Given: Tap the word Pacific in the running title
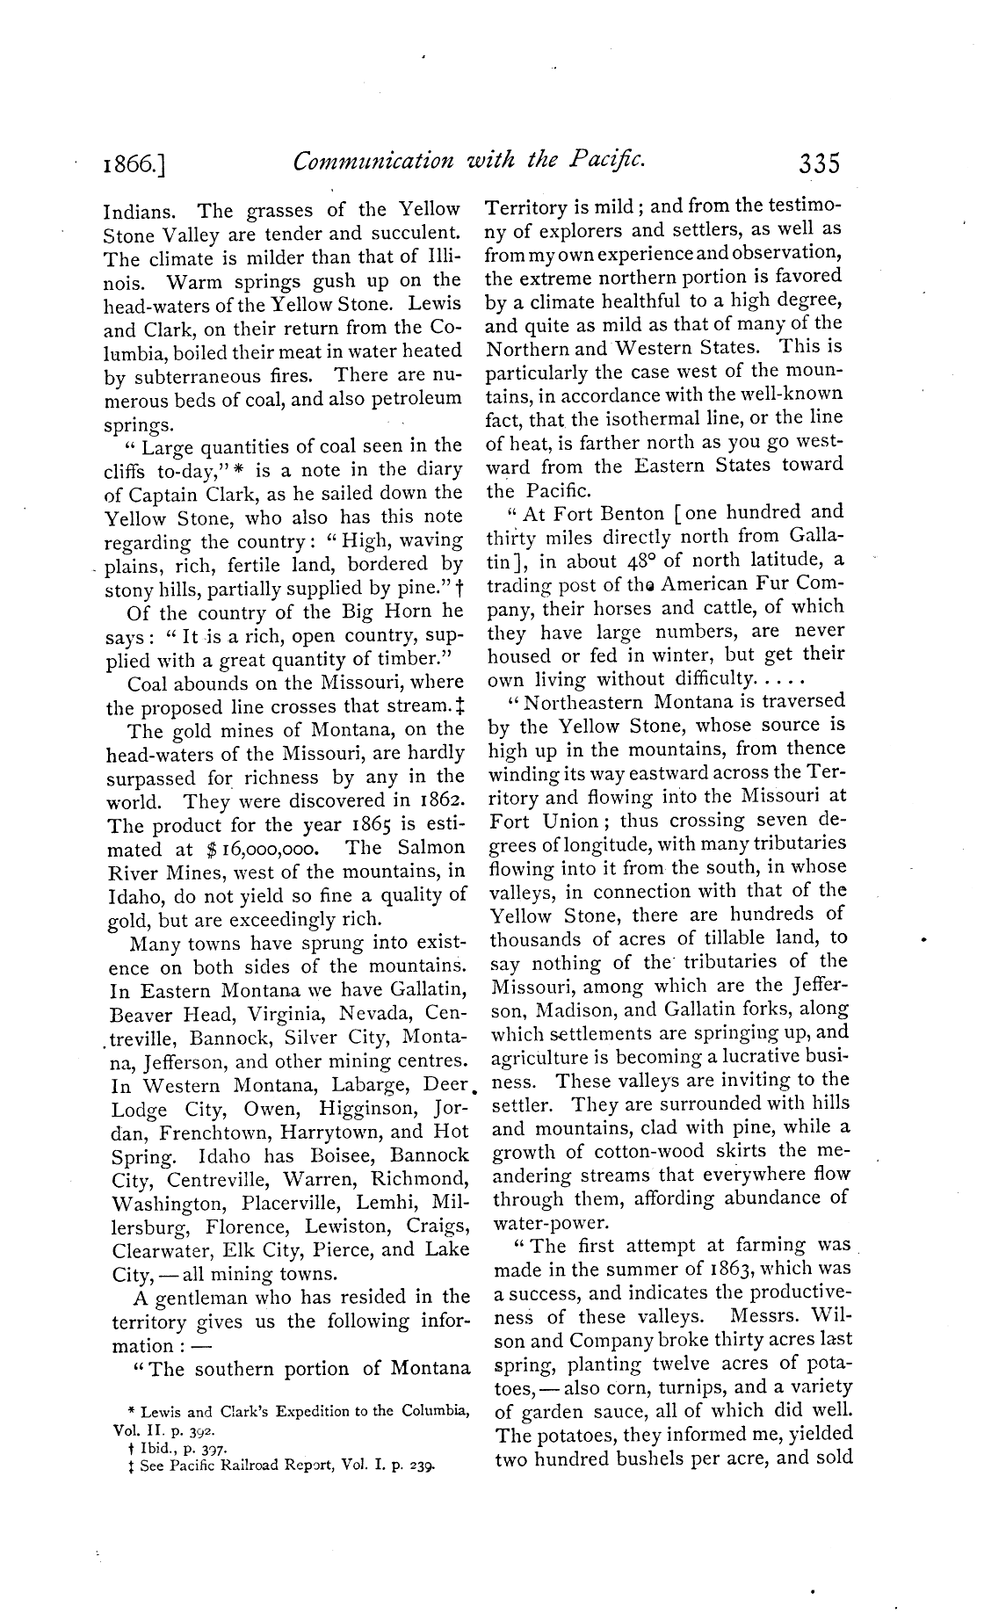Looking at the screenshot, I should (x=608, y=161).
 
